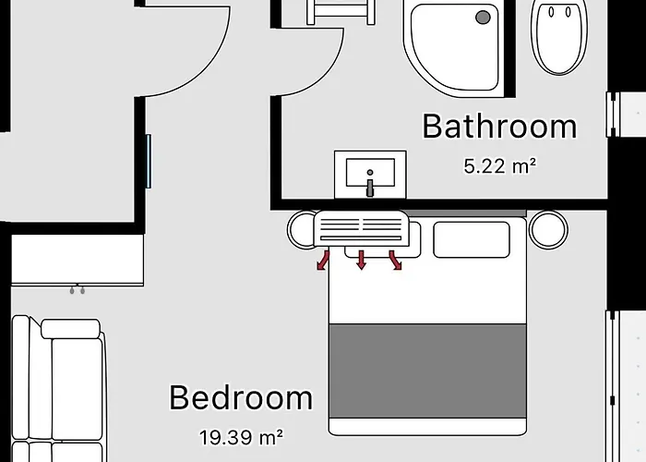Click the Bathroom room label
(499, 127)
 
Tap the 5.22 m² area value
(500, 166)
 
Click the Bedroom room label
(241, 397)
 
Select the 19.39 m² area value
(241, 437)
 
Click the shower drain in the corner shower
(483, 18)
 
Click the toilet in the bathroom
(559, 36)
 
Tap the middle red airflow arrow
(362, 260)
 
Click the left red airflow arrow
(323, 260)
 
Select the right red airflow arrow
(396, 260)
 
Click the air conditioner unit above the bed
(362, 228)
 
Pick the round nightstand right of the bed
(548, 230)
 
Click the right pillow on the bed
(472, 239)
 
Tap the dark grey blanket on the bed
(427, 371)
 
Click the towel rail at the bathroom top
(341, 11)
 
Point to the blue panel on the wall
(149, 161)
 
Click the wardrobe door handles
(77, 290)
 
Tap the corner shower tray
(453, 49)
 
